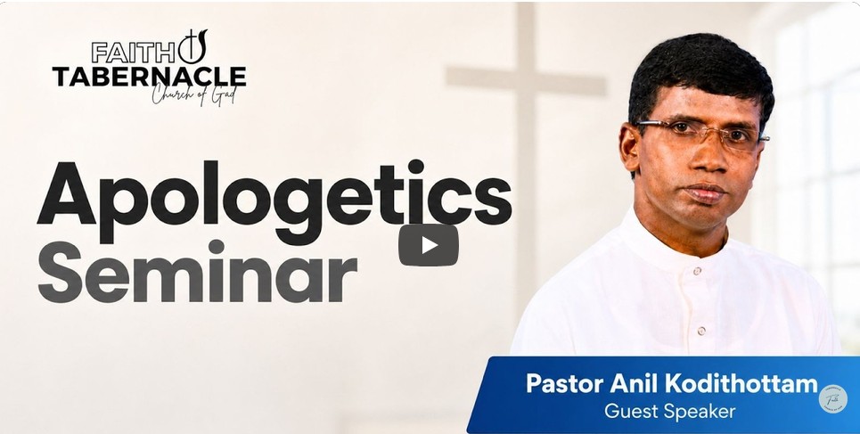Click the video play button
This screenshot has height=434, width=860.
tap(429, 245)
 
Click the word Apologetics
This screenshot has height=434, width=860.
tap(274, 201)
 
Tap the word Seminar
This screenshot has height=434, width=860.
tap(197, 273)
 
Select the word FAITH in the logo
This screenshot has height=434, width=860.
tap(134, 53)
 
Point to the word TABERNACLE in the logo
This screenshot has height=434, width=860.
tap(149, 77)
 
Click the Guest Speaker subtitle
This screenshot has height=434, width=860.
tap(669, 411)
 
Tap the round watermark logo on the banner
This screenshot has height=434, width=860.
tap(832, 398)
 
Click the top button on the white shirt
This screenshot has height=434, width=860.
tap(697, 271)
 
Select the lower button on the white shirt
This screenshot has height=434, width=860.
tap(701, 331)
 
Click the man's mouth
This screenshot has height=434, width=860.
tap(704, 192)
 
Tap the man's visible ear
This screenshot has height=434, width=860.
tap(629, 147)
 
